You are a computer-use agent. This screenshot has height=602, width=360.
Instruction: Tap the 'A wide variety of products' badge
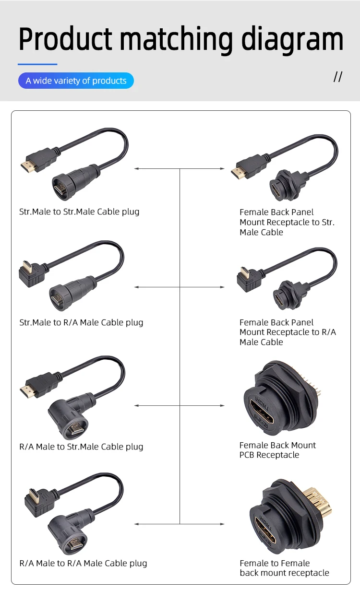76,81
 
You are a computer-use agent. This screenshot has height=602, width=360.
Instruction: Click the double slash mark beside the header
338,77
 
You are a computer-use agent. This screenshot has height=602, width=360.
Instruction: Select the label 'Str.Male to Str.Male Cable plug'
79,212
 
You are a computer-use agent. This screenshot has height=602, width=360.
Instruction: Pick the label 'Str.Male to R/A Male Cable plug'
81,322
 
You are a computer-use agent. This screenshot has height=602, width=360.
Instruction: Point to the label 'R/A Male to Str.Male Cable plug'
81,447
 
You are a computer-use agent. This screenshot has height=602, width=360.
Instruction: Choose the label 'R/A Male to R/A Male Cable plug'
83,563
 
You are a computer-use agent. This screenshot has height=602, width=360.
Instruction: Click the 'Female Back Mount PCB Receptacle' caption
277,450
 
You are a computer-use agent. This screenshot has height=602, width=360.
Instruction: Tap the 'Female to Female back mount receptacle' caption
284,568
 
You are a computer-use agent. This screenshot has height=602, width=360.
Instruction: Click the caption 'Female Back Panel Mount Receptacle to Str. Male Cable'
287,222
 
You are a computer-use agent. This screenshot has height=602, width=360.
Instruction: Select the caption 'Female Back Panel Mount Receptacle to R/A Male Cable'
288,332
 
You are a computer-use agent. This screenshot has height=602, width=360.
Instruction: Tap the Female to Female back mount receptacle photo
286,518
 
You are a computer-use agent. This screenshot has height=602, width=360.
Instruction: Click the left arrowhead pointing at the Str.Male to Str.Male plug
136,169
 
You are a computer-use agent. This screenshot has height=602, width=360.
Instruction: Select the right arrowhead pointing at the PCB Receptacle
222,406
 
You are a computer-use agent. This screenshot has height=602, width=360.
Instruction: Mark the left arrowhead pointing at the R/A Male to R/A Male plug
136,524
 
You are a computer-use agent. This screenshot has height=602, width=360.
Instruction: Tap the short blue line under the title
37,64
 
